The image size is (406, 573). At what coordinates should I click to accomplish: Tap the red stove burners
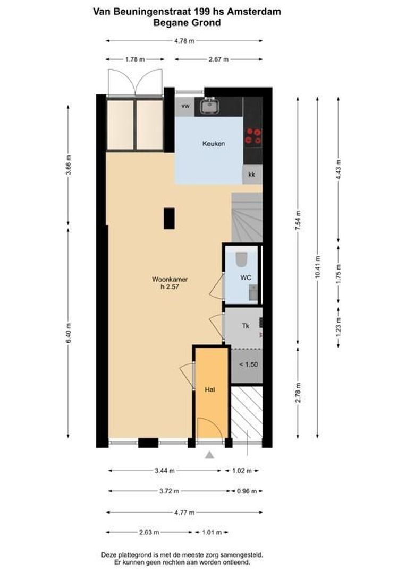click(x=253, y=136)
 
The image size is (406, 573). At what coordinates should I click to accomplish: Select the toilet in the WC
click(x=241, y=259)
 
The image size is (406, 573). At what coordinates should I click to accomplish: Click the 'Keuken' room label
click(x=214, y=144)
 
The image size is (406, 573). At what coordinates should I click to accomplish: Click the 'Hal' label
click(x=210, y=390)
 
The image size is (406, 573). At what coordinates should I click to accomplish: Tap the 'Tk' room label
click(x=246, y=326)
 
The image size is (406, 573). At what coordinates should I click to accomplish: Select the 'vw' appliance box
click(x=185, y=106)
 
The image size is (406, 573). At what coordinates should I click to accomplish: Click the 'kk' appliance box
click(x=252, y=174)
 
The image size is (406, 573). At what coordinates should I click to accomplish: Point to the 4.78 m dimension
click(x=184, y=40)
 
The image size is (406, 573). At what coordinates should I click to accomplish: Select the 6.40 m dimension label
click(x=69, y=333)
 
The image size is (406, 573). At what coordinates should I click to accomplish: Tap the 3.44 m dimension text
click(x=164, y=470)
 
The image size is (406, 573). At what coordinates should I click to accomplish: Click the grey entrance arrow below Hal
click(x=210, y=455)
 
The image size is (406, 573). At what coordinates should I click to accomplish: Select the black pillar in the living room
click(x=169, y=218)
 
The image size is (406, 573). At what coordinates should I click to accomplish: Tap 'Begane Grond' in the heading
click(x=187, y=22)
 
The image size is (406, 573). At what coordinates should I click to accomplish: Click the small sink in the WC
click(x=253, y=291)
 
